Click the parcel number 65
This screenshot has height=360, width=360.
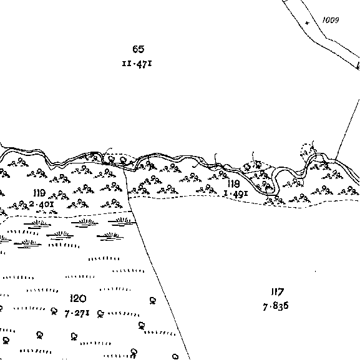point(139,49)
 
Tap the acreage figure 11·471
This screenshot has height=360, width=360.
point(137,64)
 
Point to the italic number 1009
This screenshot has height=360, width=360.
point(331,20)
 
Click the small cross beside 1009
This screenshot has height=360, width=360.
point(307,23)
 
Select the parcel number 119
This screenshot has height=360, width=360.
point(39,193)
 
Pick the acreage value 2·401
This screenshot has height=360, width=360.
point(42,204)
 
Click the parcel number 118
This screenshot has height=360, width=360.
point(234,183)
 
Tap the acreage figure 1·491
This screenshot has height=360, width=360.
point(236,194)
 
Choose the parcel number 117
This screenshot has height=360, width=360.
point(278,292)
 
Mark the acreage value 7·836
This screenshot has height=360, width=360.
point(276,306)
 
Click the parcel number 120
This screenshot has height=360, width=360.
point(78,298)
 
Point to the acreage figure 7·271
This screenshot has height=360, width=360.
point(77,313)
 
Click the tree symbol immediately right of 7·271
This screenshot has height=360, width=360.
point(100,314)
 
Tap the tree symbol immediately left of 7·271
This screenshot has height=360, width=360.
point(54,311)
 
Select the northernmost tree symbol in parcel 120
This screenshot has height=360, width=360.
point(153,301)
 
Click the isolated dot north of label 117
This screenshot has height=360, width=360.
point(315,271)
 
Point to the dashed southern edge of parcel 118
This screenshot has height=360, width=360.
point(244,200)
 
